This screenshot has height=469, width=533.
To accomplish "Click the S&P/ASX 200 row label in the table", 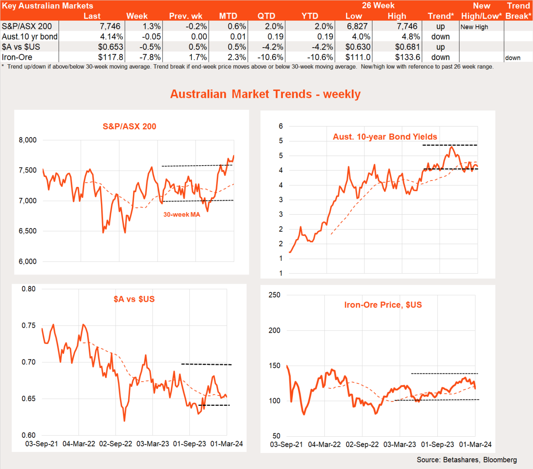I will [27, 26].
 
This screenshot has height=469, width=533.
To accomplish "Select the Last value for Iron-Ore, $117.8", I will [110, 57].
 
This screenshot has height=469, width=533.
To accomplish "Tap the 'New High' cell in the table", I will [474, 27].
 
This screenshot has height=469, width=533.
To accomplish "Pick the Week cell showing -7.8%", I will [150, 57].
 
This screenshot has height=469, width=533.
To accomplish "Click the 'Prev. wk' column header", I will [186, 16].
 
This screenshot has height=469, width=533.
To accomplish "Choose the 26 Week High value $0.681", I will [407, 47].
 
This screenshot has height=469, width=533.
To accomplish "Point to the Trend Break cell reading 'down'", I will [512, 58].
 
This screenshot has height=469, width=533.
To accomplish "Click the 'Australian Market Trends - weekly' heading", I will [265, 94].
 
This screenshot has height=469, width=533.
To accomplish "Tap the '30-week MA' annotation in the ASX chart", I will [182, 215].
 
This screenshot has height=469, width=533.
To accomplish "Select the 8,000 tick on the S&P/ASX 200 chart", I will [28, 140].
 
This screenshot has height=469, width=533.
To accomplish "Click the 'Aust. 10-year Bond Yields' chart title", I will [385, 137].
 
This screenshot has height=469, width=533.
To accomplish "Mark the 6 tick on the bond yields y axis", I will [281, 126].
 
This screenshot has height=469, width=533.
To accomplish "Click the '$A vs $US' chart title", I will [134, 299].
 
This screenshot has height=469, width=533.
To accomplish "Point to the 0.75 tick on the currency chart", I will [29, 325].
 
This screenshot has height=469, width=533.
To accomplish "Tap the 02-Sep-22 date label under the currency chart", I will [116, 444].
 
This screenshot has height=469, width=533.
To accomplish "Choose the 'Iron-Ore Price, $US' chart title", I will [383, 305].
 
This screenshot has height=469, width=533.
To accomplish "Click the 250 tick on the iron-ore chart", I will [274, 295].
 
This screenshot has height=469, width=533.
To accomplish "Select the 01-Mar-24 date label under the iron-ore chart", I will [475, 445].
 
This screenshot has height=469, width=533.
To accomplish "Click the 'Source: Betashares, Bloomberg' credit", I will [467, 460].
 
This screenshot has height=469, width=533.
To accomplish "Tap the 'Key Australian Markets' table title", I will [48, 6].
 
